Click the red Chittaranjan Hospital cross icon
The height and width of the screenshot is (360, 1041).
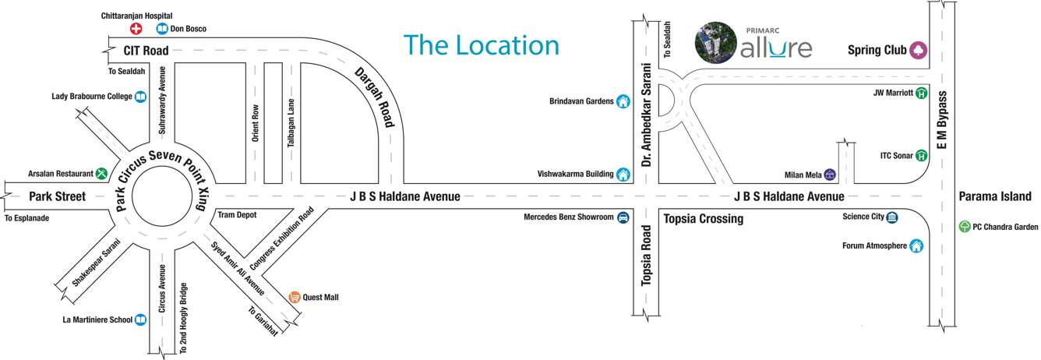136,29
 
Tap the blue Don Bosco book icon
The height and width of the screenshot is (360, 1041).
162,29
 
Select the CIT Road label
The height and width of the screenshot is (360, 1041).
146,51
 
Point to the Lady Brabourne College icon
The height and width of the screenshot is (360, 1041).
140,97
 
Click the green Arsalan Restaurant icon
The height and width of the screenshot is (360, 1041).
101,173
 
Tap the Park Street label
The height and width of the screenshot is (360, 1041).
57,196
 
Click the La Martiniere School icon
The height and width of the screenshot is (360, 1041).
140,319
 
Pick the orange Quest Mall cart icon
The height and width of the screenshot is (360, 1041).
295,297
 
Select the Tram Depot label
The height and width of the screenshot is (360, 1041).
237,214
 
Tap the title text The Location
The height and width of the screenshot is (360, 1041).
481,45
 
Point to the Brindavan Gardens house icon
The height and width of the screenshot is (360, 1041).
623,101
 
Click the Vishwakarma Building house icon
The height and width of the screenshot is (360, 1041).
623,174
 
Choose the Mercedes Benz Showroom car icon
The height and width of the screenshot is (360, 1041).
623,217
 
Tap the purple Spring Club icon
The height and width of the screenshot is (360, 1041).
919,50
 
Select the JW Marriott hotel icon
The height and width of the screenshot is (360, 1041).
922,93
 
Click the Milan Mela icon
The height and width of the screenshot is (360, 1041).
831,175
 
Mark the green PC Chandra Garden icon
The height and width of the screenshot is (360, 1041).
965,228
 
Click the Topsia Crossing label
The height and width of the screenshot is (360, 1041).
703,219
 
